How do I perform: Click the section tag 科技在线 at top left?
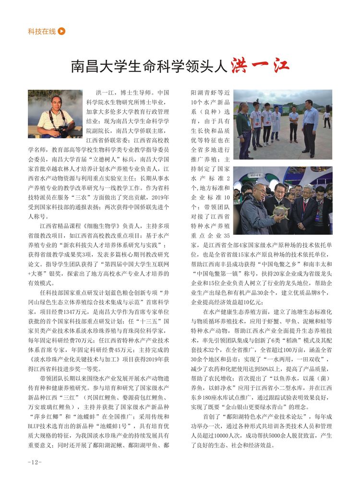click(42, 32)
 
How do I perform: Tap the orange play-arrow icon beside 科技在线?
click(61, 32)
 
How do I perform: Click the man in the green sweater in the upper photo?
click(243, 127)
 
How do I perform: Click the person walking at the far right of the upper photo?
click(327, 119)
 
